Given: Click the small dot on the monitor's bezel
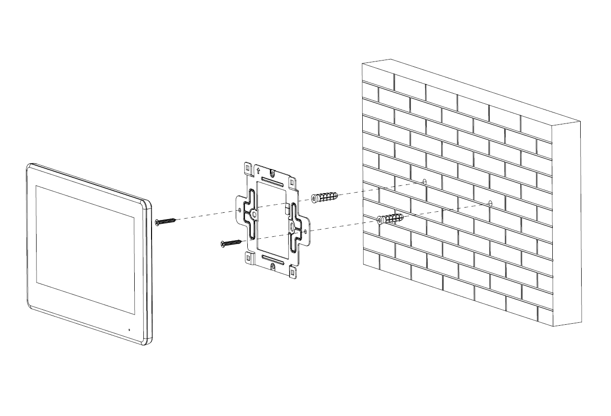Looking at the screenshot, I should coord(129,330).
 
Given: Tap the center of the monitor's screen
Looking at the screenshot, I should coord(84,250).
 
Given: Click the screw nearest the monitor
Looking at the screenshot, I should coord(165,221).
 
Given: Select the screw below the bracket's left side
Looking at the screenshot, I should coord(230,243).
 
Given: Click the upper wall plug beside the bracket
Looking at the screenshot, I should coord(324,197).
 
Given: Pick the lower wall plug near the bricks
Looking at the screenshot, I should coord(390,219).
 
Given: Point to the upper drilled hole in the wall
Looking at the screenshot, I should coord(424,182).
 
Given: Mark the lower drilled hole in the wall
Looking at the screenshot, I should coord(490,203).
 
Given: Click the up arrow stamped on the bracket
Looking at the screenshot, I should coord(258,170).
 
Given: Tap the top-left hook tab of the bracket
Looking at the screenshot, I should coord(247,169).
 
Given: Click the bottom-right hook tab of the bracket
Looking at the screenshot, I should coord(292,273).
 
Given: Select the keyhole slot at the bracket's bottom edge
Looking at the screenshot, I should coord(273,266).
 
